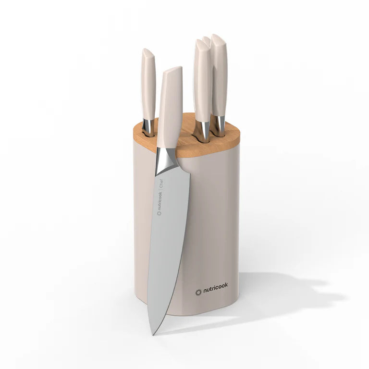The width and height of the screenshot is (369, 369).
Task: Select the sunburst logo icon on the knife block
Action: [x=198, y=292]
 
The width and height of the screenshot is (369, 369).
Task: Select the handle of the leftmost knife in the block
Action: [x=148, y=86]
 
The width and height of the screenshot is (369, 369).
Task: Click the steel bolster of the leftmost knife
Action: [x=149, y=127]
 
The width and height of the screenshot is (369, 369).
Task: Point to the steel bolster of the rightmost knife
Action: [x=219, y=125]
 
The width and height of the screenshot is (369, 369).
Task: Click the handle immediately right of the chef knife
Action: [x=202, y=82]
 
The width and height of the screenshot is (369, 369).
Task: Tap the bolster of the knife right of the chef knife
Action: [x=204, y=131]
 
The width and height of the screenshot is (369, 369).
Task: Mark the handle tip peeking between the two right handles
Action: [x=207, y=40]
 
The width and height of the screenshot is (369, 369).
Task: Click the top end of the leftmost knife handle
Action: [x=147, y=52]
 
